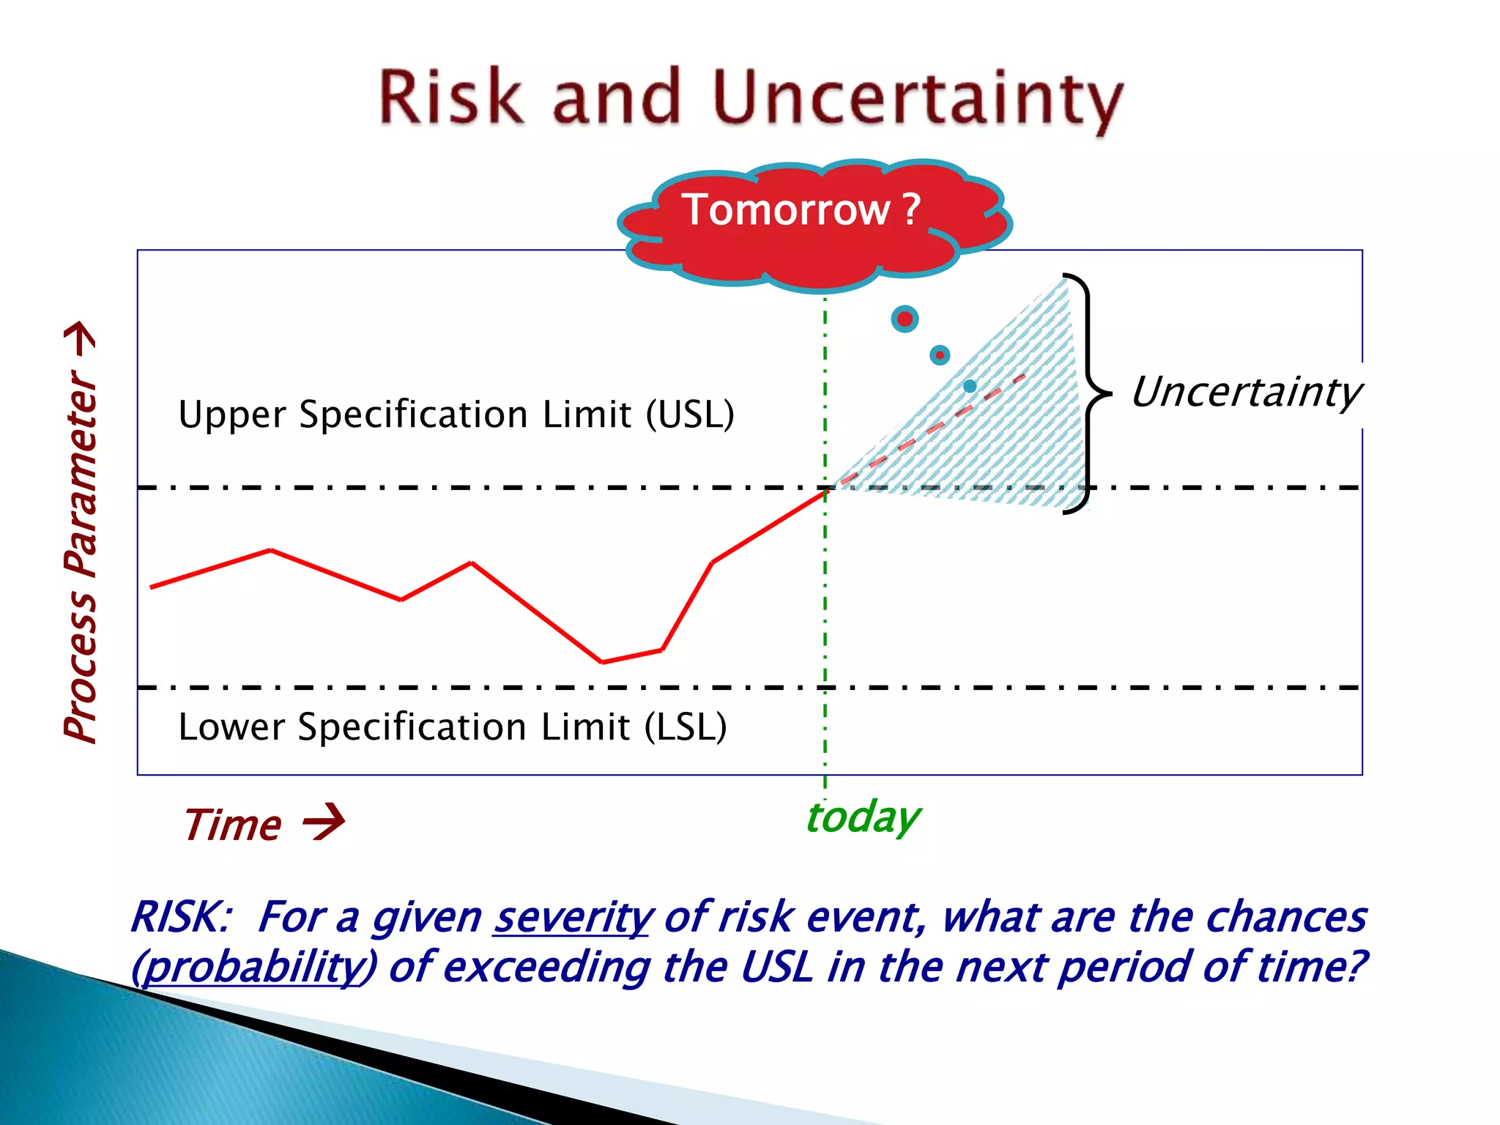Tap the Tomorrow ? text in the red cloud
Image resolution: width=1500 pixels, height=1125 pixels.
(801, 210)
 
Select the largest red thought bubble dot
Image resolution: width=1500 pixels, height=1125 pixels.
(905, 319)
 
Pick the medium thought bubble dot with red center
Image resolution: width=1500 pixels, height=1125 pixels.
(940, 355)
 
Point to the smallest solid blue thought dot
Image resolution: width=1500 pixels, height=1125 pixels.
(970, 386)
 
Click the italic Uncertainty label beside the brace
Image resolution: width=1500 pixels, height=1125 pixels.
(1246, 392)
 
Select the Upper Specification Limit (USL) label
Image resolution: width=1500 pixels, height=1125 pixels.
(456, 415)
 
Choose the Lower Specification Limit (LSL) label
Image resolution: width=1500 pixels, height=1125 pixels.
(453, 727)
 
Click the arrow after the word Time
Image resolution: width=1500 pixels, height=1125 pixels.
(324, 823)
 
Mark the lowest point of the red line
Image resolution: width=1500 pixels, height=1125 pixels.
(602, 662)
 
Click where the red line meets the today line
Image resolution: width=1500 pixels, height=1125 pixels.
(825, 491)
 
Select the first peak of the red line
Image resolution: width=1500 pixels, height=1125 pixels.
(271, 550)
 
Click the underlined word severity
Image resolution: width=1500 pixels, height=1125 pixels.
(573, 917)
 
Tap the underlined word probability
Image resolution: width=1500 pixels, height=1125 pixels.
(253, 967)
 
